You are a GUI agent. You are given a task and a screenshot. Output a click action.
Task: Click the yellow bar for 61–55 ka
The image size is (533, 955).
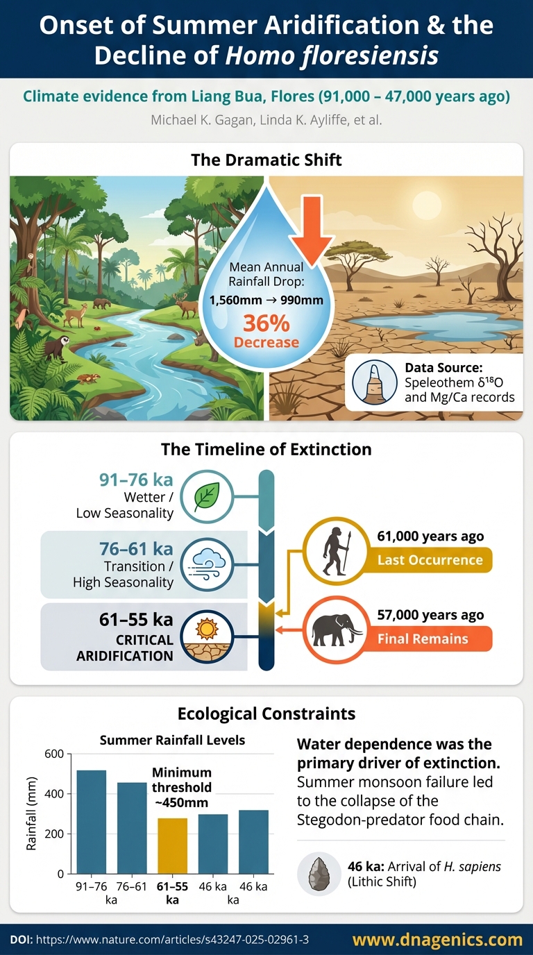coord(172,846)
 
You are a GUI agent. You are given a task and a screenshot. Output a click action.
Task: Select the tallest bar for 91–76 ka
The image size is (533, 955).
coord(91,822)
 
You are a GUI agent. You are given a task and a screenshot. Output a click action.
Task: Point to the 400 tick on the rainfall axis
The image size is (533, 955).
coord(54,794)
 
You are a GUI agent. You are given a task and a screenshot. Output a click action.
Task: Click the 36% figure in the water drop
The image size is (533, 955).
coord(266,323)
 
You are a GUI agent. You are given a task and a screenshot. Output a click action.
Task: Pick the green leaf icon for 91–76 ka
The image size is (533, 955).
coord(207,496)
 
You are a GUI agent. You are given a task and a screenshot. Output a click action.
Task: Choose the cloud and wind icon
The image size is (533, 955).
coord(207,566)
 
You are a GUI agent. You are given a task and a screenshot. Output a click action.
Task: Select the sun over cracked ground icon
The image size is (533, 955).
coord(207,637)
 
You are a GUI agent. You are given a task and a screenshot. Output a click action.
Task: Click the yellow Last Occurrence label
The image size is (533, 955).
coord(430,560)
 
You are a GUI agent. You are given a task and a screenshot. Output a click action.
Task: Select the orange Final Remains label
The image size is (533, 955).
coord(430,639)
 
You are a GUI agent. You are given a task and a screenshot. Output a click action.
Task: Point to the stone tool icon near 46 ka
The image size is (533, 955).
coord(319,874)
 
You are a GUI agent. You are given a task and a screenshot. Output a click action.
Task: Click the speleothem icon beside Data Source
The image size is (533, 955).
coord(374,382)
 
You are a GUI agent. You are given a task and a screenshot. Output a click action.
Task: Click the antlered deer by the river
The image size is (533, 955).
coord(186,303)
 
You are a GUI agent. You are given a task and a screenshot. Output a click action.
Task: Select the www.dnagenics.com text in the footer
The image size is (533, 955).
coord(437,940)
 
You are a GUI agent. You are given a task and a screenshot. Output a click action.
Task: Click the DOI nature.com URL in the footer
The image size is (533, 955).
coord(172,940)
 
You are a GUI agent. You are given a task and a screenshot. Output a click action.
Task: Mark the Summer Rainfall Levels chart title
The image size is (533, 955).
coord(172,740)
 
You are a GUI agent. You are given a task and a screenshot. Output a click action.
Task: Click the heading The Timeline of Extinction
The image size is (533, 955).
coord(266,449)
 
